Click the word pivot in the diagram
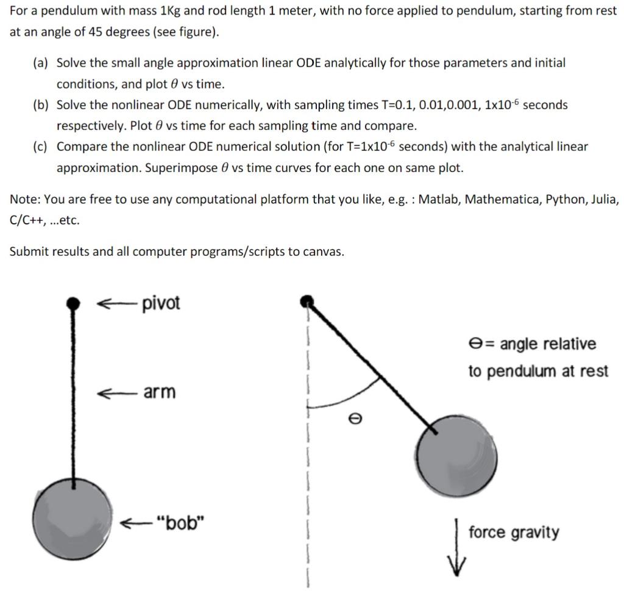(161, 303)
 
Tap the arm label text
(159, 392)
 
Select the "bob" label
(180, 523)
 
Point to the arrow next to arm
(116, 392)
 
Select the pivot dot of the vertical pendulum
(73, 302)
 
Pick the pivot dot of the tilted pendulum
(308, 300)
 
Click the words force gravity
(513, 533)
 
